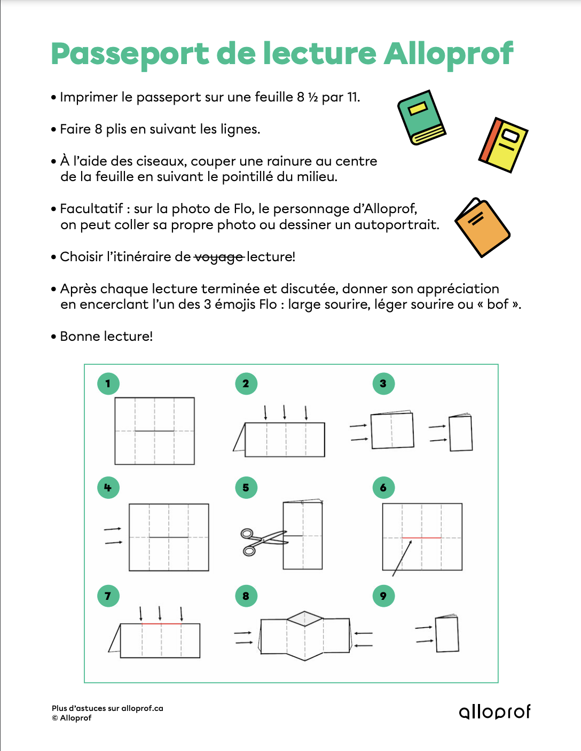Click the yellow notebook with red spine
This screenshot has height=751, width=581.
click(x=503, y=144)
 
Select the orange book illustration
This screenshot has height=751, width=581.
click(x=482, y=228)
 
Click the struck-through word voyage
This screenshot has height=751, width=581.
click(x=218, y=257)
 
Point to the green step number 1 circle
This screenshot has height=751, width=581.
click(x=108, y=384)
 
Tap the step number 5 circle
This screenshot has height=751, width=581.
click(x=246, y=487)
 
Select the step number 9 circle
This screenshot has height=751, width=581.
click(x=383, y=596)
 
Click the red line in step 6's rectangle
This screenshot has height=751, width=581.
click(x=421, y=537)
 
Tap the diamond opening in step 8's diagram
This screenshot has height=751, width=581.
click(x=305, y=619)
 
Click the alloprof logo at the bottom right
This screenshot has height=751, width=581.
click(x=494, y=711)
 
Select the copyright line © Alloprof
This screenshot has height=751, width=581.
click(x=72, y=718)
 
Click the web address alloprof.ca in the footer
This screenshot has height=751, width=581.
click(x=142, y=708)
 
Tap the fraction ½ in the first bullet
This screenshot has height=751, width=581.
click(x=313, y=97)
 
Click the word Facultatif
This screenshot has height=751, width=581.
click(x=91, y=208)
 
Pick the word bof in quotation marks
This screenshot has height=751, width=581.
click(x=498, y=304)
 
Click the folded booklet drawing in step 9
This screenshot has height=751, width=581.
click(x=447, y=633)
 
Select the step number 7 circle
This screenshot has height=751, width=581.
click(x=108, y=596)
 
